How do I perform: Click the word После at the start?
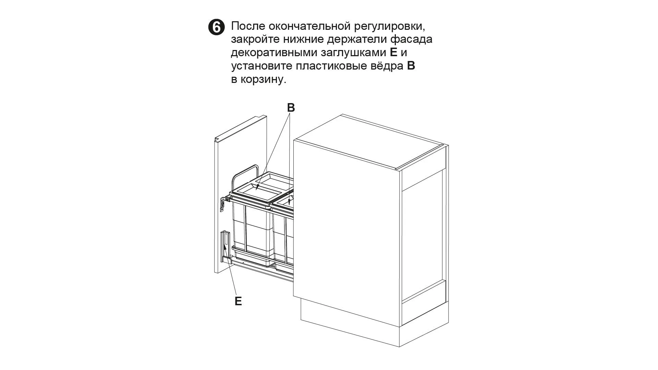(x=248, y=26)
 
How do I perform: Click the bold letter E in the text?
(x=393, y=53)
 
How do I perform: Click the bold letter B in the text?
(x=411, y=66)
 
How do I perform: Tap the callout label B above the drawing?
(x=291, y=108)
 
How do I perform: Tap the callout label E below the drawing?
(x=238, y=301)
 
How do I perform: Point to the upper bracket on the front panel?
(x=223, y=203)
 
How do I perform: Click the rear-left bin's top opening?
(x=274, y=179)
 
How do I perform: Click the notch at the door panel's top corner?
(x=217, y=139)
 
